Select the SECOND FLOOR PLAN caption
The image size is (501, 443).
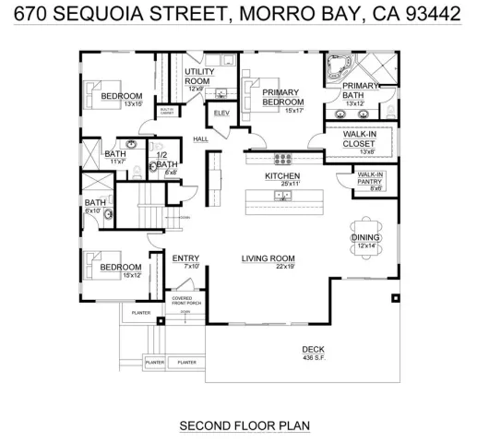click(245, 425)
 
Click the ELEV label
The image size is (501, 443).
click(221, 113)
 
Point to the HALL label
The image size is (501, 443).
click(201, 139)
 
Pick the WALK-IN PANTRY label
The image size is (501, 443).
click(370, 176)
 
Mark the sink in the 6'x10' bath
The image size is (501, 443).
click(109, 214)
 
